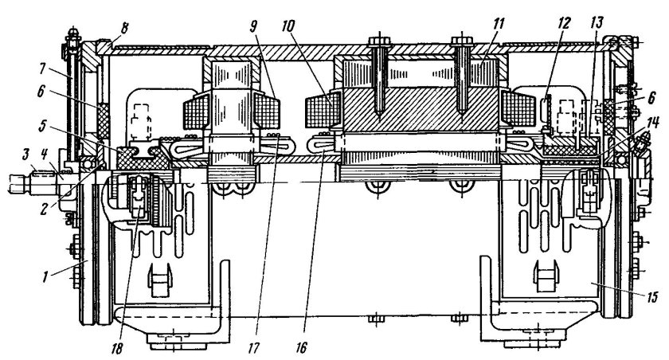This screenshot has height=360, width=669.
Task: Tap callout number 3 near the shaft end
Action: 25,155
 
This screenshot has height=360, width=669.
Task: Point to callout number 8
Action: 124,29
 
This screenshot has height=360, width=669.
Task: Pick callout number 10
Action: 288,27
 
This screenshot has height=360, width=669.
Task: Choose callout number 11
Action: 498,24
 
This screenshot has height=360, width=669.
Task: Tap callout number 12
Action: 563,23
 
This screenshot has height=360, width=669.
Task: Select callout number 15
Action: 651,296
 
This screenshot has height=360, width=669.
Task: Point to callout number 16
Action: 301,348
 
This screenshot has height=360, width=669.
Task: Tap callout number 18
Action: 116,349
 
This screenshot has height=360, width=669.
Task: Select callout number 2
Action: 45,209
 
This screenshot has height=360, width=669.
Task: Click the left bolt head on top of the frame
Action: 378,41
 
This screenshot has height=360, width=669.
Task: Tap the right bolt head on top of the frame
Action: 462,41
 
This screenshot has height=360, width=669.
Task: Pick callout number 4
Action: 45,155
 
